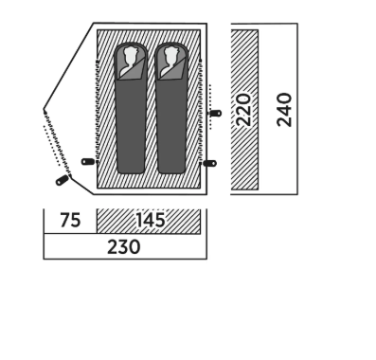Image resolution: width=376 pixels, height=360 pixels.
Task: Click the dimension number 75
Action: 70,221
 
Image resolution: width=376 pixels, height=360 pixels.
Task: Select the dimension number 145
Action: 151,220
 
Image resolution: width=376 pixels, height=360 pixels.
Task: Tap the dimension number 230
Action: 124,247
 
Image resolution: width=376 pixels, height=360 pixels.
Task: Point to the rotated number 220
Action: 244,110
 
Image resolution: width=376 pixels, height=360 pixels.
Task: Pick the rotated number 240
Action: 284,110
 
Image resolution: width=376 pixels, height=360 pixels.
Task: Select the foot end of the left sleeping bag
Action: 131,169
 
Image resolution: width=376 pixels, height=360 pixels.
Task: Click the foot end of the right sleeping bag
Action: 171,169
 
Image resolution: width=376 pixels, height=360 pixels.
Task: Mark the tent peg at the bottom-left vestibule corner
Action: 62,180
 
